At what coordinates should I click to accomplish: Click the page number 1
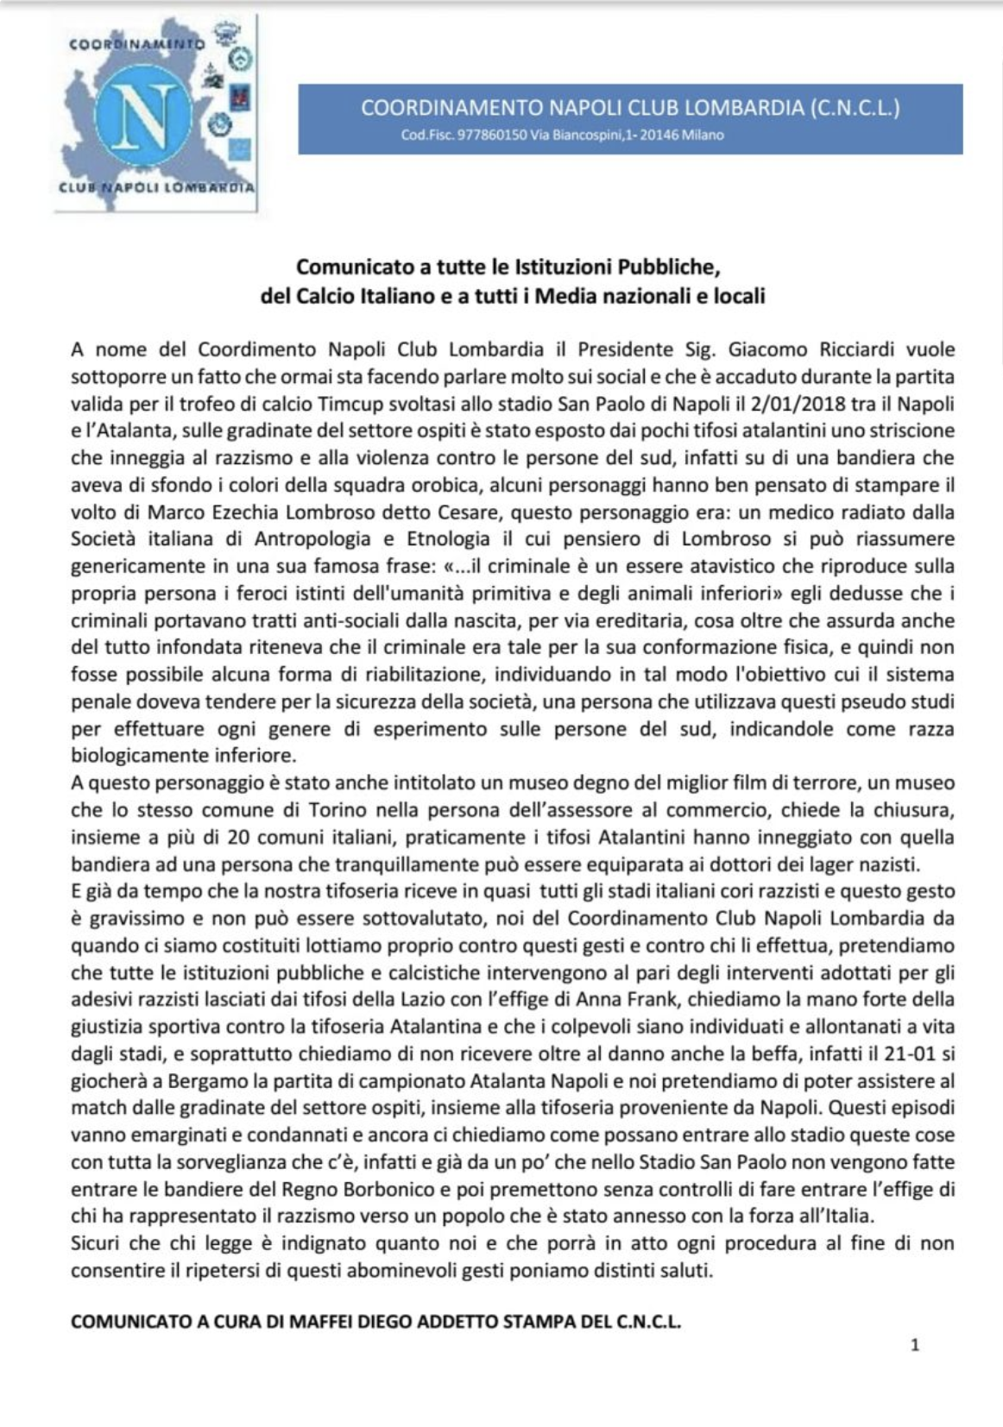(x=915, y=1344)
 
